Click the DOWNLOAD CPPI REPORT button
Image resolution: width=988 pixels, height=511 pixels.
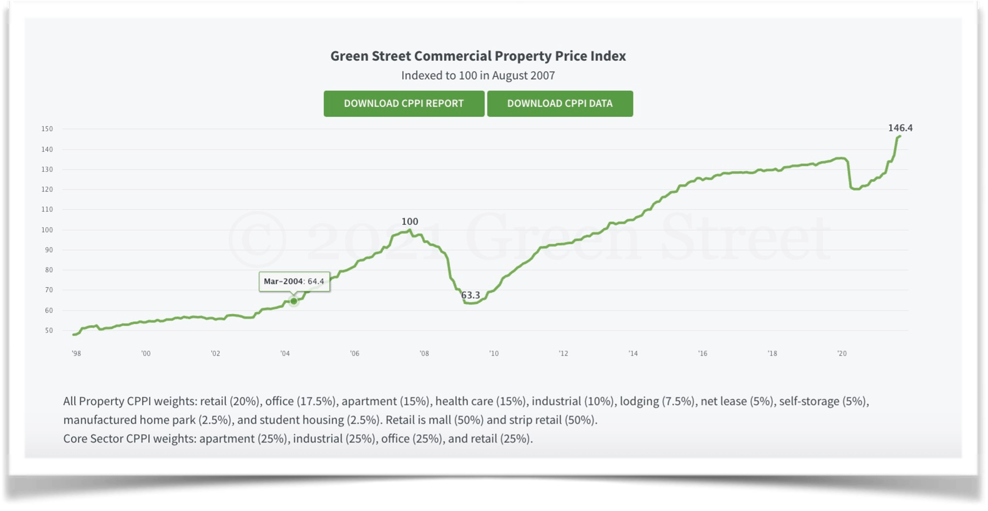point(403,103)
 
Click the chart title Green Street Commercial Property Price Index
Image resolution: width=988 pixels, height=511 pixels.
point(478,56)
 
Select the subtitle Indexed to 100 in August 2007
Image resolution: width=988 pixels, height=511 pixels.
point(478,75)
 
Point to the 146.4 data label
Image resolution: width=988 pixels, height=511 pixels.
point(900,128)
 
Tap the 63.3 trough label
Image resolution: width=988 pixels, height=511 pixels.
point(470,295)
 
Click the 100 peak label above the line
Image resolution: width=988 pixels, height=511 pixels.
point(409,221)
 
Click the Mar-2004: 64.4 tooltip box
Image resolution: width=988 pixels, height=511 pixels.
point(294,281)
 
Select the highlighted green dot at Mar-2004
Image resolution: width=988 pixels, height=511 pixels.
point(294,301)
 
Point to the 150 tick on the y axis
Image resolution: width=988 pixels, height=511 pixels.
point(47,129)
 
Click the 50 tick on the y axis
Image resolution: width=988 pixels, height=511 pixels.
point(49,330)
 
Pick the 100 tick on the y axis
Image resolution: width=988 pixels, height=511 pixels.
point(47,230)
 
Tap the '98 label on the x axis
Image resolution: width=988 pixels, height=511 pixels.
point(76,353)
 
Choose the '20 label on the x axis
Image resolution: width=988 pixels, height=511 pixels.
point(841,353)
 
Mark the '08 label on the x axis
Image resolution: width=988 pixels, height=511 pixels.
point(424,353)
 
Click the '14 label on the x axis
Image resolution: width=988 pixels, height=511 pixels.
point(633,353)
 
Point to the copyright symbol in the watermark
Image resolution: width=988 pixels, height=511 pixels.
point(257,239)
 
